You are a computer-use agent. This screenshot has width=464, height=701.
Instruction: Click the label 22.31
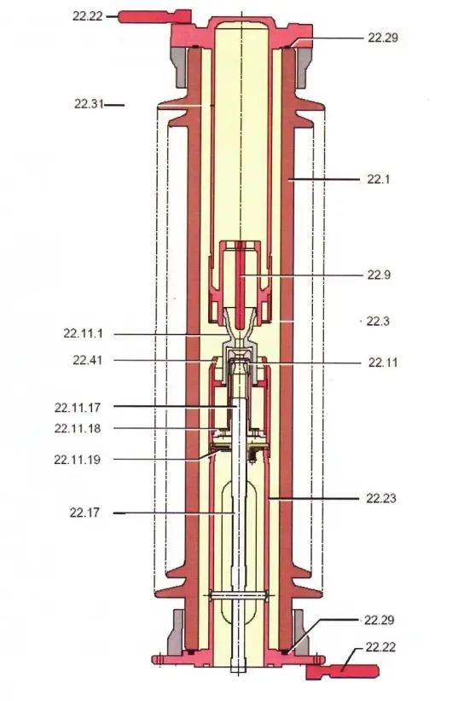(x=88, y=104)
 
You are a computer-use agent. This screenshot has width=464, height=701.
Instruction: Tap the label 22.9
(x=380, y=275)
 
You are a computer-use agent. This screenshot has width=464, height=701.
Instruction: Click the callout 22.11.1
(x=84, y=333)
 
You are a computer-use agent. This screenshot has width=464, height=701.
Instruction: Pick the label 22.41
(x=87, y=360)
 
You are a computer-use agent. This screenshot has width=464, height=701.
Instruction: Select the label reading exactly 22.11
(x=383, y=362)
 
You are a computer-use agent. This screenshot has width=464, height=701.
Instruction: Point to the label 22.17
(x=85, y=513)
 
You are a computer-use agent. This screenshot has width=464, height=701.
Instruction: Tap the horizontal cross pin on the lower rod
(x=233, y=595)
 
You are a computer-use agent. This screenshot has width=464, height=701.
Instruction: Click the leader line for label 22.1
(x=324, y=179)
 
